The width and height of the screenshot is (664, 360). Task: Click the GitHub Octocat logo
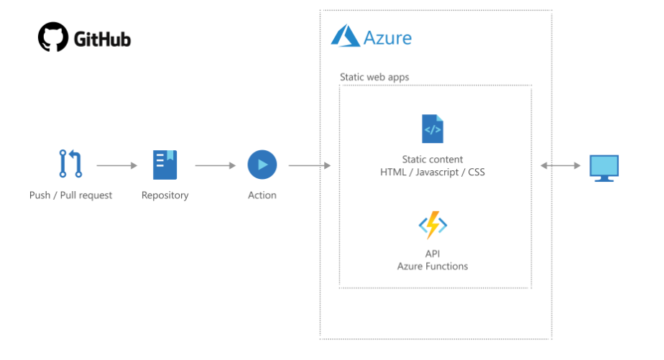pos(53,37)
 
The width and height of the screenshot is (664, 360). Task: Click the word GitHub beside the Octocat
pos(102,40)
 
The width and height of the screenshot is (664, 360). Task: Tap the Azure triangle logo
pos(346,35)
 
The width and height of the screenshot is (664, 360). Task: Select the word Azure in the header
pos(387,38)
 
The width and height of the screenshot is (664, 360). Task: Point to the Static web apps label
pos(374,77)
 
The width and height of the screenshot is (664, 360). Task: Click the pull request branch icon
pos(70,164)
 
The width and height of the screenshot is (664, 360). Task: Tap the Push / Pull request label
pos(70,195)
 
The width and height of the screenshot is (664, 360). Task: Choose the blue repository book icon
pos(165,165)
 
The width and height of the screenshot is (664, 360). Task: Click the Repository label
pos(165,195)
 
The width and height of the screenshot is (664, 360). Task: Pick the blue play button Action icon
pos(262,165)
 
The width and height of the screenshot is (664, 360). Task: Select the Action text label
pos(262,195)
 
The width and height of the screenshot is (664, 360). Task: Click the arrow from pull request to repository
pos(117,165)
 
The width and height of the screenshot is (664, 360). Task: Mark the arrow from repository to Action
pos(215,165)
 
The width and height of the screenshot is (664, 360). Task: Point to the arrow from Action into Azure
pos(310,165)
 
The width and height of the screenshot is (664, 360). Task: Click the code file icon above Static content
pos(433,129)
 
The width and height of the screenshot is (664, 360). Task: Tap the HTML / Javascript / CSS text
pos(433,172)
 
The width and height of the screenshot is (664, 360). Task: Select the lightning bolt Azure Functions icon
pos(433,225)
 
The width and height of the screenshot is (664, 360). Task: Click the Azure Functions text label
pos(433,266)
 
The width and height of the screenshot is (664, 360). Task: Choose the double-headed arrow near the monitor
pos(561,165)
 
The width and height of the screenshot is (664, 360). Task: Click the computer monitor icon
pos(604,168)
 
